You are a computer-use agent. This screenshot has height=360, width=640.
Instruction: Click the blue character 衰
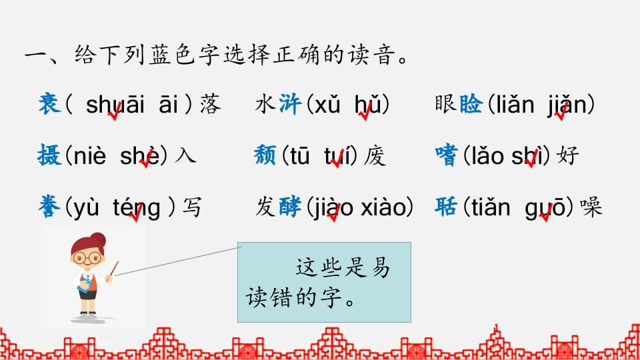click(x=50, y=104)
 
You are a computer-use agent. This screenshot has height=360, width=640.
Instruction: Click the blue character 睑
click(x=471, y=105)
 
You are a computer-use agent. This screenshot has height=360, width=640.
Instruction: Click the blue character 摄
click(x=50, y=156)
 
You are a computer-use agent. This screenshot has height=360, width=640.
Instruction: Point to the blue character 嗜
click(x=446, y=156)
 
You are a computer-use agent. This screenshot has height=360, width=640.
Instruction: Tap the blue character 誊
click(x=50, y=207)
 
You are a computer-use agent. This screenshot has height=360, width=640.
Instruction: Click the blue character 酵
click(x=291, y=207)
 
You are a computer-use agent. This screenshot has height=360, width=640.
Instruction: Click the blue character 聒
click(x=446, y=207)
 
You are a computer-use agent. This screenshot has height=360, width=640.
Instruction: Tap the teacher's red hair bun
click(x=98, y=239)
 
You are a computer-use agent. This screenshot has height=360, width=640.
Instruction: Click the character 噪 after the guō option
click(x=591, y=207)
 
